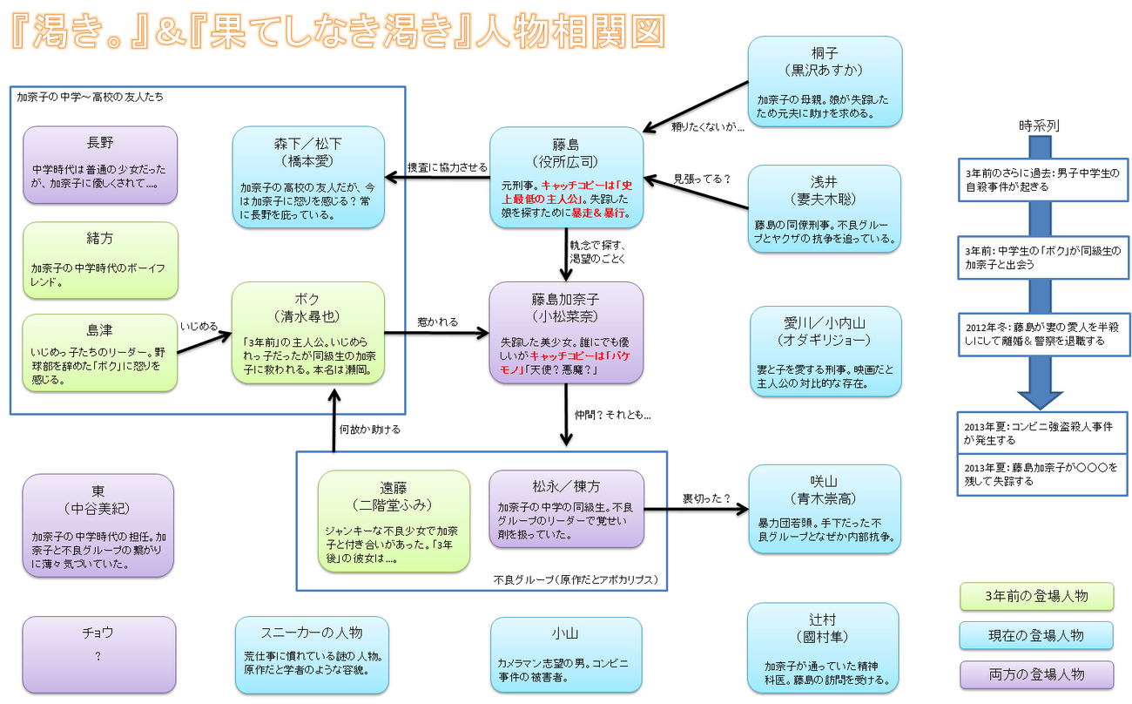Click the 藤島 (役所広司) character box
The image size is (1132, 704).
click(566, 178)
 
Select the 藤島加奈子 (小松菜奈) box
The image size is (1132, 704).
click(566, 332)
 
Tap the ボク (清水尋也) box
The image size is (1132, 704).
click(307, 332)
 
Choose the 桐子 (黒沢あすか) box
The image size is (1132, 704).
click(825, 80)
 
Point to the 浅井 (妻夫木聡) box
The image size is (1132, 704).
click(825, 209)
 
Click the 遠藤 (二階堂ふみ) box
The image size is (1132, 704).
click(394, 521)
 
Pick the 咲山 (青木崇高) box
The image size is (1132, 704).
click(825, 509)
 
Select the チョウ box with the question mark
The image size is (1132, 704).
click(98, 654)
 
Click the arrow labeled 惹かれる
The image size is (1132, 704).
click(436, 332)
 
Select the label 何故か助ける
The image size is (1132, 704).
click(369, 430)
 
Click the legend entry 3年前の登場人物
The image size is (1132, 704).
click(1035, 597)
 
